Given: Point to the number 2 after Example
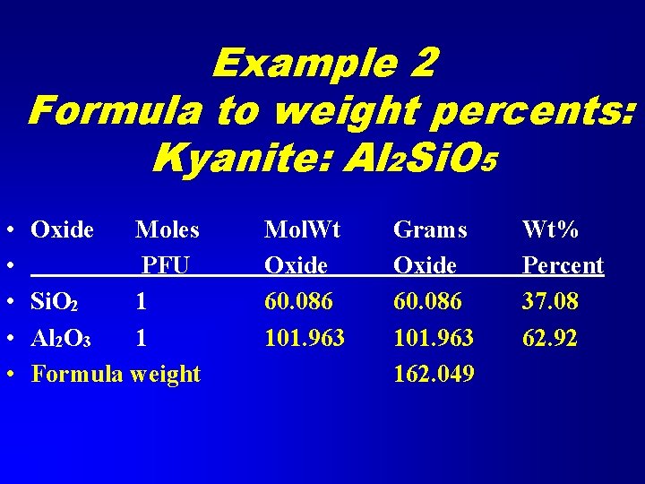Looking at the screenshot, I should (418, 64).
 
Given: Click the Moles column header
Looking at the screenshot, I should (168, 230).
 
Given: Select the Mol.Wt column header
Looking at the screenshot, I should (302, 230).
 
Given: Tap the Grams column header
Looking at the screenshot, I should (430, 230).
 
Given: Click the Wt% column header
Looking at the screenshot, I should (550, 230).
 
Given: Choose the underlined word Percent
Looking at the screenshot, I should (563, 266).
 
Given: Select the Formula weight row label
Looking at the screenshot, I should (116, 374).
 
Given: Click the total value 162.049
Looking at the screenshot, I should (434, 374).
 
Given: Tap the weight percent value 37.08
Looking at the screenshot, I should (550, 302).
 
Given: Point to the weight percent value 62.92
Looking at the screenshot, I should (550, 338).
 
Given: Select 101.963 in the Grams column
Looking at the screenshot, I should (434, 338).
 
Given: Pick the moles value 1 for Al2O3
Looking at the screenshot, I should (141, 338).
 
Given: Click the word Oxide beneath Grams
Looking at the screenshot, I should (425, 266).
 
